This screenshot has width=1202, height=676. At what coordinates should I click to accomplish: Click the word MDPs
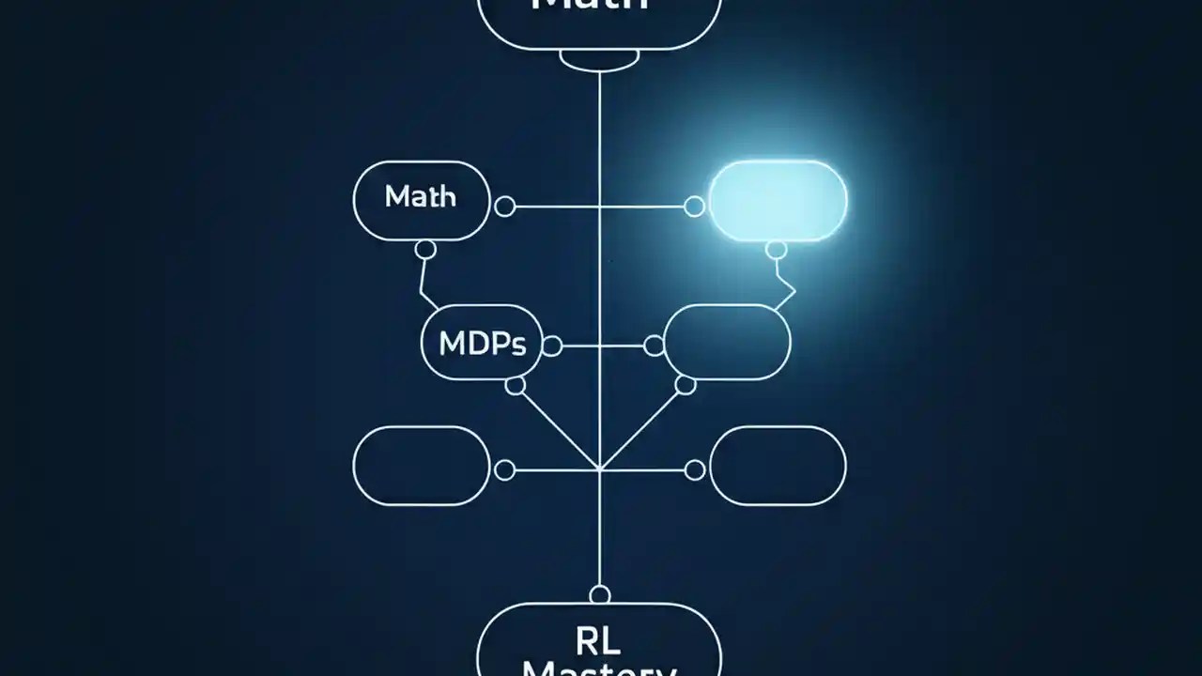coord(482,344)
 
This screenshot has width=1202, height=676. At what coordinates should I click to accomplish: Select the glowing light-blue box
coord(778,200)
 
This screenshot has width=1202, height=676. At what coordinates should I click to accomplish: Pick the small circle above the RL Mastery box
coord(599,594)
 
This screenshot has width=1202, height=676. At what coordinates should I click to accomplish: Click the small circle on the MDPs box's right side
coord(552,346)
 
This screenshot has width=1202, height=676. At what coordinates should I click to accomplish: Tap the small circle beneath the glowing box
coord(776,249)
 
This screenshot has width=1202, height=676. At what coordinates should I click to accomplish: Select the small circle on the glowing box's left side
coord(694,207)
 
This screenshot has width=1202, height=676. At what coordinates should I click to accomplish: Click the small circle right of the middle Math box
coord(504,207)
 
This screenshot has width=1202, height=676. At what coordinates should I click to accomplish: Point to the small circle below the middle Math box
coord(425,249)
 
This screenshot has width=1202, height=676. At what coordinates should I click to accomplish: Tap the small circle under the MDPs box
coord(515,385)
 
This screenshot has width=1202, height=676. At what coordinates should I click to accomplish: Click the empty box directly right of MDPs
coord(727,342)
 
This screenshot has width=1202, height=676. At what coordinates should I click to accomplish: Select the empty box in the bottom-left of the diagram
coord(421,466)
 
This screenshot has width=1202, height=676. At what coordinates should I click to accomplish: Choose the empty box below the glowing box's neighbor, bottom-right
coord(778,466)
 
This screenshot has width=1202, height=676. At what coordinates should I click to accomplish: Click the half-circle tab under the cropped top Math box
coord(599,59)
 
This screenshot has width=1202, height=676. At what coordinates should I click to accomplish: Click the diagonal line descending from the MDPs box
coord(559,428)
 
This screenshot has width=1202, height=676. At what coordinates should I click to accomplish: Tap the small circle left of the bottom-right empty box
coord(695,469)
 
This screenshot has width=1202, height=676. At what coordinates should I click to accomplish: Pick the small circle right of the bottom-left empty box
coord(504,469)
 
